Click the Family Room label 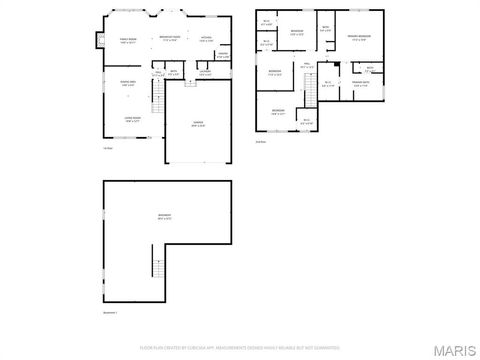point(127,41)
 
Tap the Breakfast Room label point(169,40)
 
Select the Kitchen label point(205,39)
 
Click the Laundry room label point(204,72)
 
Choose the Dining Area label point(127,83)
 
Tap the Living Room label point(131,119)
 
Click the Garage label point(199,123)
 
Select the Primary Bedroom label point(360,39)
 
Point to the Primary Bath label point(360,85)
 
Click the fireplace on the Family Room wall point(100,41)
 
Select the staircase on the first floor point(156,96)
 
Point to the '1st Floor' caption point(107,148)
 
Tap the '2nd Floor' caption point(261,142)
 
